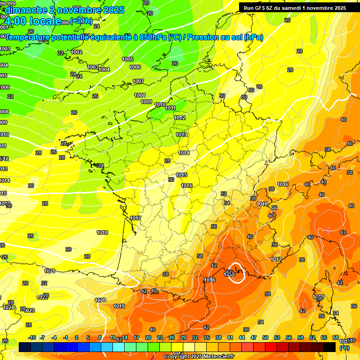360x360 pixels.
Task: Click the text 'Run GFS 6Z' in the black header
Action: (x=259, y=8)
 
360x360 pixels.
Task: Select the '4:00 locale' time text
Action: (x=33, y=21)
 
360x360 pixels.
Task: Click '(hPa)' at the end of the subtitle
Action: (x=253, y=37)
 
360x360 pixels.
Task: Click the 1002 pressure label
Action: (x=77, y=52)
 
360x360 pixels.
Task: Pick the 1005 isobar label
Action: (x=127, y=59)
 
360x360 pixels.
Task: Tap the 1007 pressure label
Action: (x=138, y=81)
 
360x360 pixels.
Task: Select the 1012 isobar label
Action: (x=180, y=118)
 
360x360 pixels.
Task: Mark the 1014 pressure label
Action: (x=184, y=153)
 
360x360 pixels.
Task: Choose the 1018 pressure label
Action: (x=102, y=232)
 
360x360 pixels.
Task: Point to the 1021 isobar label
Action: (x=50, y=271)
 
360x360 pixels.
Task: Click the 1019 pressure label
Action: (x=119, y=306)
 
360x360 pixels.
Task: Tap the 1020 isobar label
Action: (x=100, y=300)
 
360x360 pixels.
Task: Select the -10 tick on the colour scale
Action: (x=32, y=337)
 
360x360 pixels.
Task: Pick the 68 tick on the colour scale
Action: (x=336, y=337)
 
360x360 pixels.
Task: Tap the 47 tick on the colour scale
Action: (x=254, y=337)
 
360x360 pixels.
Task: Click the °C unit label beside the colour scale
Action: (x=344, y=348)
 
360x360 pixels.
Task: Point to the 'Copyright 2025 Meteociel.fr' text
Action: (x=199, y=356)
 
